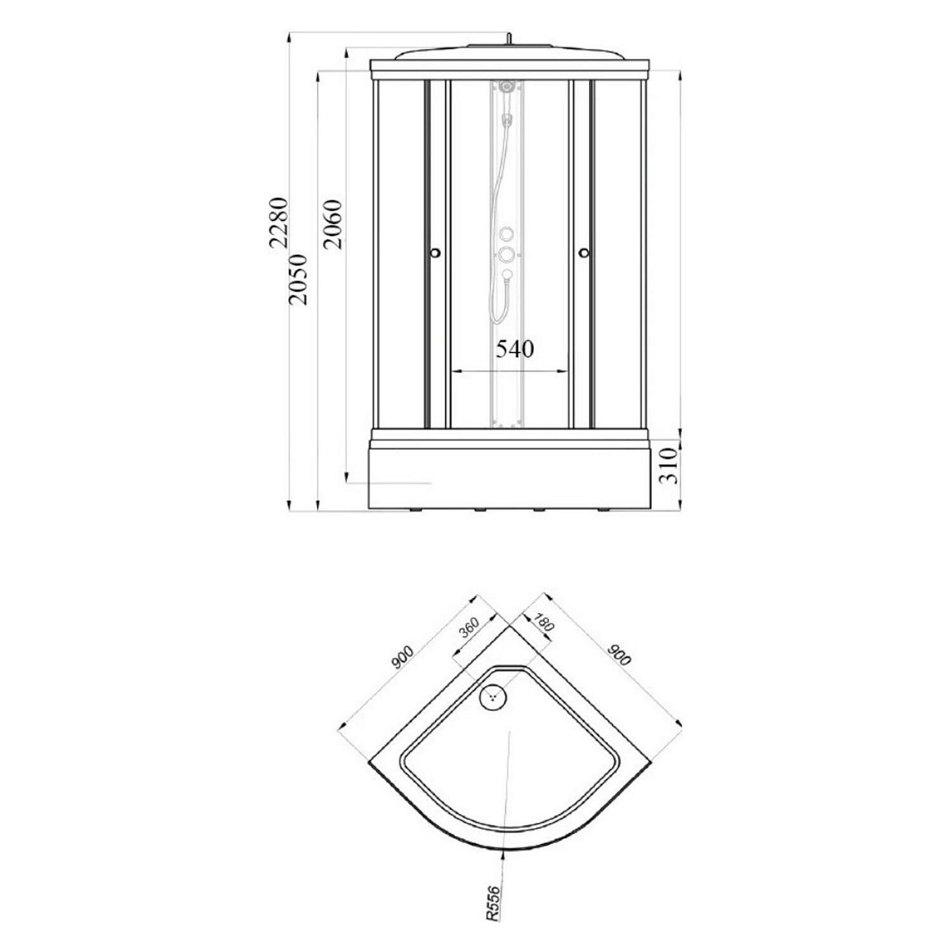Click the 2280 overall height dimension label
[278, 223]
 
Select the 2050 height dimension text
[297, 280]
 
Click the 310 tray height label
[671, 465]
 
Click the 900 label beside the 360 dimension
[402, 657]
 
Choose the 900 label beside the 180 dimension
[619, 654]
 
